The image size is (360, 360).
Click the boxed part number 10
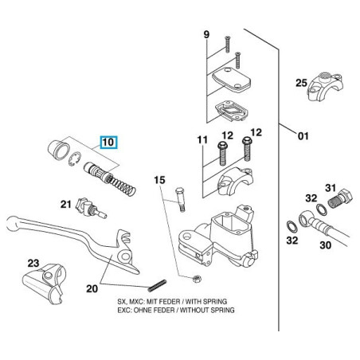108,144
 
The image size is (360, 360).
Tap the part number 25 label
300,82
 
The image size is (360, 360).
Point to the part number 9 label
205,34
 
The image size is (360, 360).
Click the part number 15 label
158,182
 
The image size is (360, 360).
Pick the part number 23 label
33,262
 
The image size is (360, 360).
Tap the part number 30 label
325,246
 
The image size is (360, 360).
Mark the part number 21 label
66,204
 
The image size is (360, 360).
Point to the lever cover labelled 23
45,284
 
